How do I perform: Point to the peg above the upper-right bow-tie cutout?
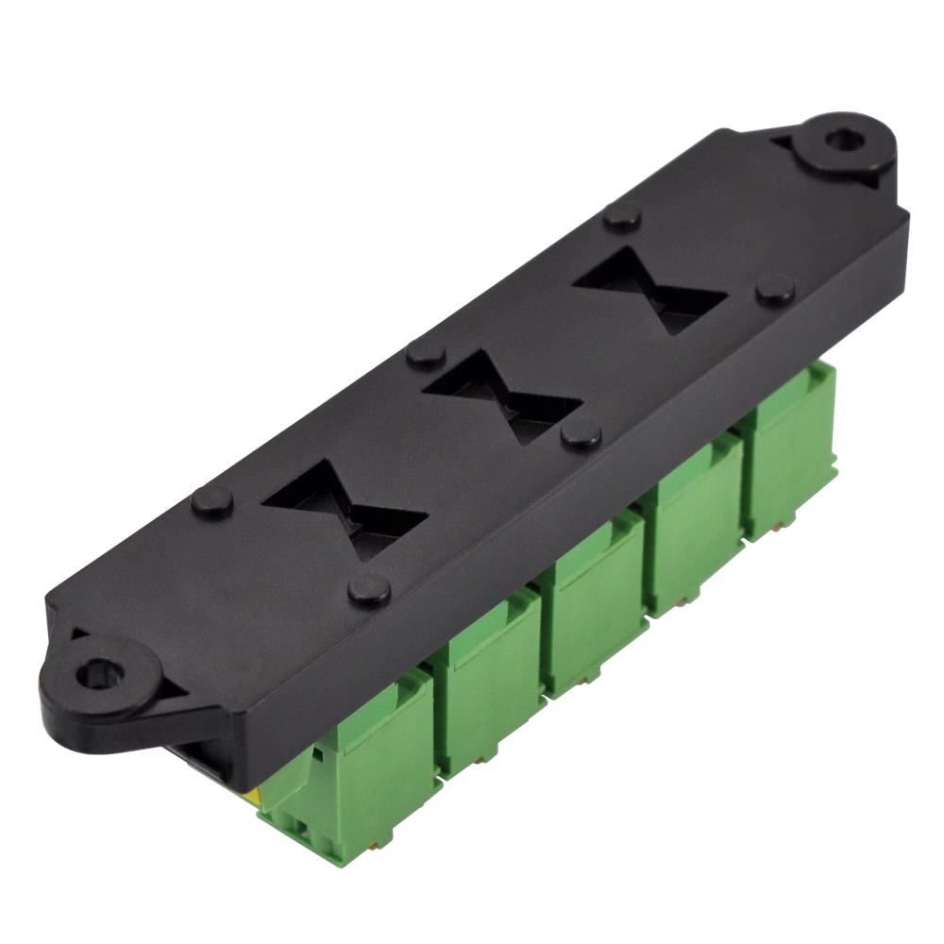622,218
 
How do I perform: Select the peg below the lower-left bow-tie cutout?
368,590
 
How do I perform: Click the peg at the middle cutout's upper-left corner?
427,354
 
